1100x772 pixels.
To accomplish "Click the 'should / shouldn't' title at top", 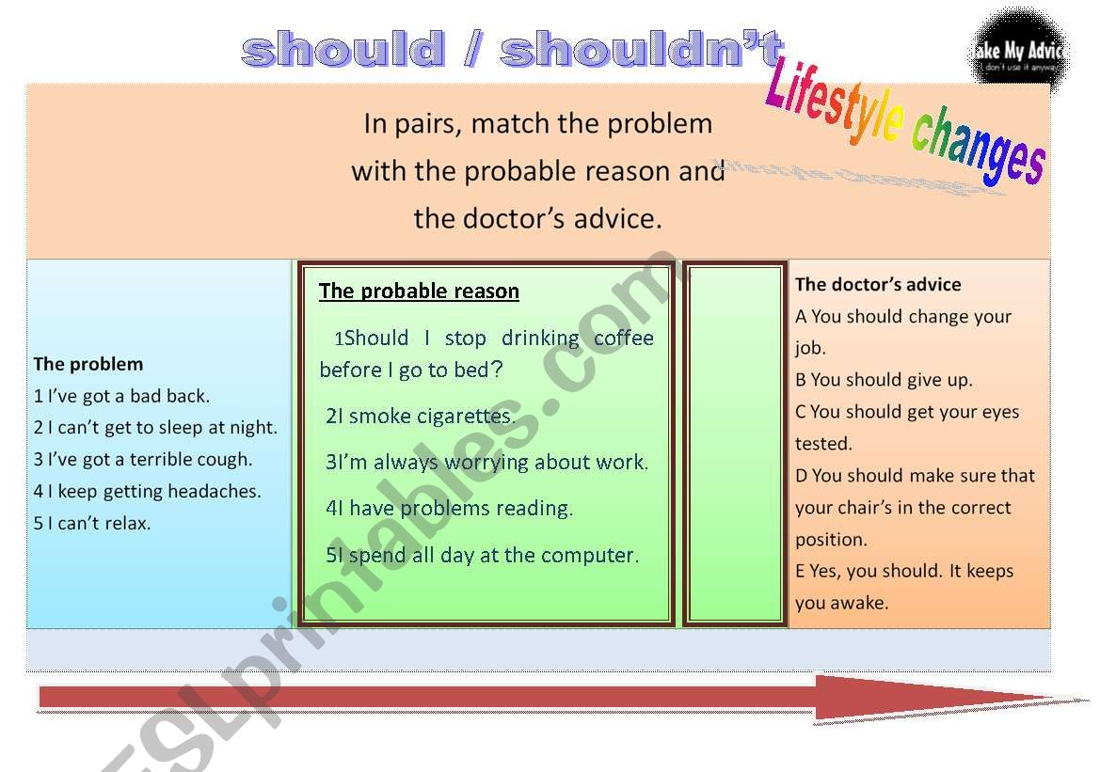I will pyautogui.click(x=512, y=50).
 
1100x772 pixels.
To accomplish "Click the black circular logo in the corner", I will pyautogui.click(x=1017, y=47).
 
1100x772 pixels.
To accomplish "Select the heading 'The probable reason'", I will pyautogui.click(x=419, y=291).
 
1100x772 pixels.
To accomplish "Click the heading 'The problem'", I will pyautogui.click(x=88, y=364).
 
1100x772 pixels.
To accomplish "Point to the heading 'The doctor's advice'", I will pyautogui.click(x=878, y=284).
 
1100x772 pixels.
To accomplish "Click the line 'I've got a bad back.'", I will pyautogui.click(x=121, y=396).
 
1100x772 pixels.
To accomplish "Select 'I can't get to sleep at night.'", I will pyautogui.click(x=155, y=428).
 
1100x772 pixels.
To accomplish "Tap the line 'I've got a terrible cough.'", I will pyautogui.click(x=143, y=460).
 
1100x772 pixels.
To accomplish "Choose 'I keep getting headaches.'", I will pyautogui.click(x=147, y=492).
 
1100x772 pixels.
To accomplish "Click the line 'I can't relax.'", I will pyautogui.click(x=92, y=524).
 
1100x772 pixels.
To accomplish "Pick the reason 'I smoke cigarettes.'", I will pyautogui.click(x=421, y=416).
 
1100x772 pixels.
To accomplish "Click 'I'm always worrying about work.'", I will pyautogui.click(x=487, y=463).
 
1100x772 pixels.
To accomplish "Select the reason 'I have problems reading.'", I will pyautogui.click(x=450, y=509).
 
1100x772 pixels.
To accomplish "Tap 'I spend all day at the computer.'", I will pyautogui.click(x=483, y=555).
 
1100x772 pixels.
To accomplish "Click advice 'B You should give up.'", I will pyautogui.click(x=884, y=380).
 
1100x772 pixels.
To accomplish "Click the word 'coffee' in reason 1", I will pyautogui.click(x=623, y=339).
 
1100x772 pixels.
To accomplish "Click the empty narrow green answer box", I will pyautogui.click(x=735, y=443).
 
